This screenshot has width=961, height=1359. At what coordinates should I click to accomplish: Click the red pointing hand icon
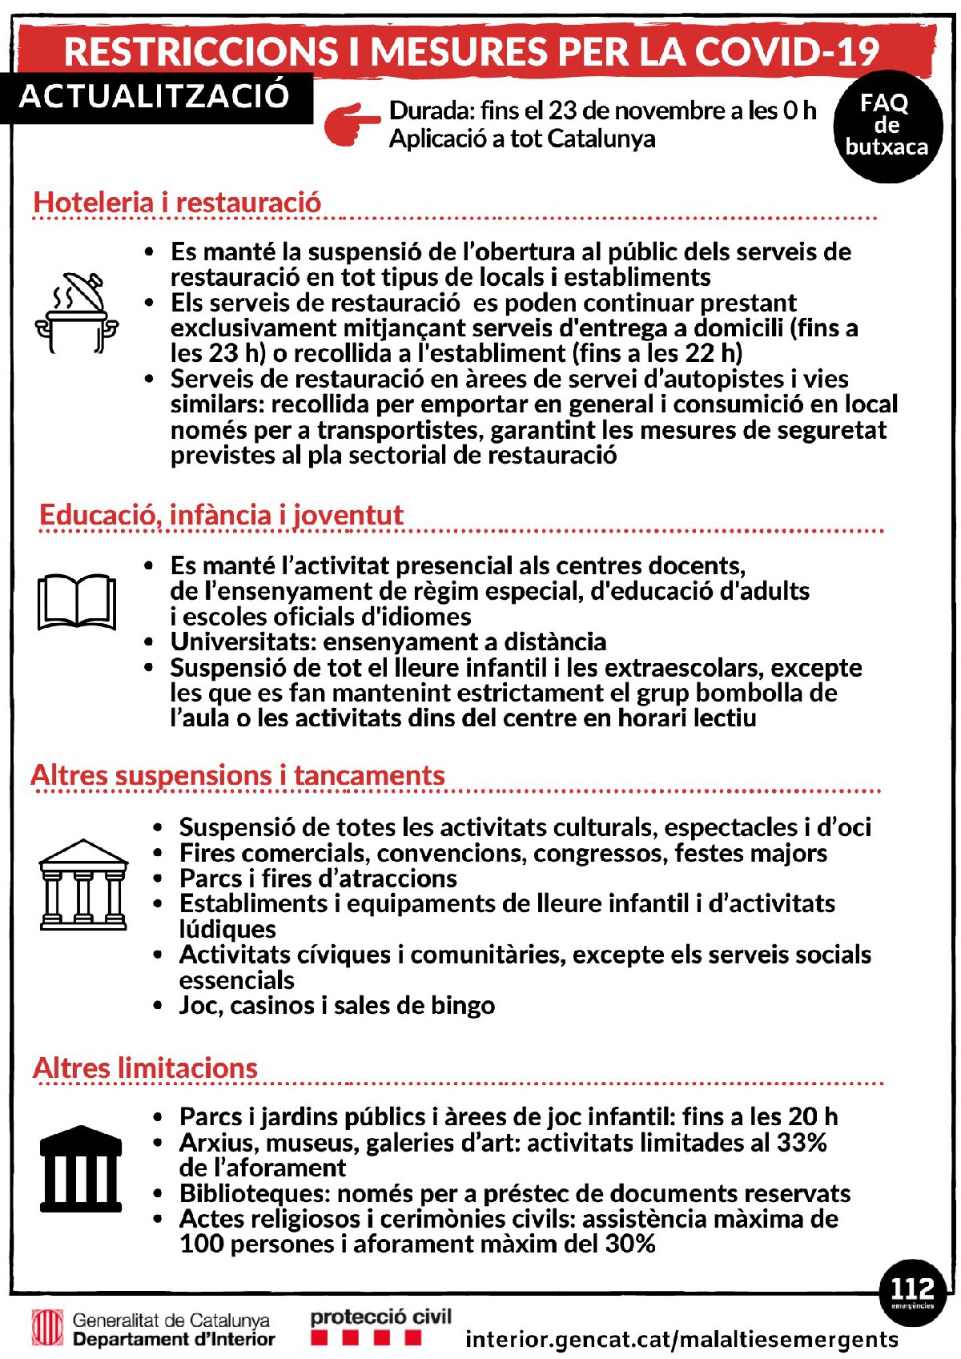coord(352,125)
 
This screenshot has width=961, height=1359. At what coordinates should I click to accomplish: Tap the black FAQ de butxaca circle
coord(887,126)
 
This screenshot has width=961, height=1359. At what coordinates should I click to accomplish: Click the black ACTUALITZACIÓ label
coord(155,96)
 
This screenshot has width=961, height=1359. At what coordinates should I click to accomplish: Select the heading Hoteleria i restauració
coord(177,203)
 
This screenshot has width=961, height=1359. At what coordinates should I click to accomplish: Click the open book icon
coord(77,601)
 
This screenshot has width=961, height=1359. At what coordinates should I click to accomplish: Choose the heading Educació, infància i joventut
coord(221,515)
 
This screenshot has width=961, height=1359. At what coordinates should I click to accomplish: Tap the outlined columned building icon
coord(83,884)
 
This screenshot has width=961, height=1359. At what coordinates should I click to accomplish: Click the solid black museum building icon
coord(81,1169)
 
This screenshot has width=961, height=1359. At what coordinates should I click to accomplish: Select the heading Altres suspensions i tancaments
coord(238,776)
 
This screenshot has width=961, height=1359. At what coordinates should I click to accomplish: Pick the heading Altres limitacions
coord(145,1068)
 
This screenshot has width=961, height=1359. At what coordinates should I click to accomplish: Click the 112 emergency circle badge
coord(912,1292)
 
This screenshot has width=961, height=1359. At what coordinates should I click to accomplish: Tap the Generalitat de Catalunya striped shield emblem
coord(47,1328)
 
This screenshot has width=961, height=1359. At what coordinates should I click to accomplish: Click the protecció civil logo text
coord(380,1317)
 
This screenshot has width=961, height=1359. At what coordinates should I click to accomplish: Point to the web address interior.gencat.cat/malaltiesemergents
coord(682,1339)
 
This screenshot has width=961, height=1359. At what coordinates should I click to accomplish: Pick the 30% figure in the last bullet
coord(629,1244)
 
